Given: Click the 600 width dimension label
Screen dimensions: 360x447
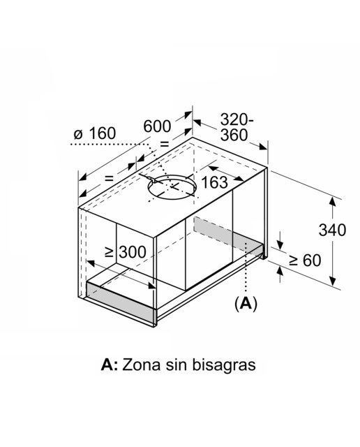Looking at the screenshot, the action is (157, 126).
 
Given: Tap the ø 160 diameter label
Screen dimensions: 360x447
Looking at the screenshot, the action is (95, 133).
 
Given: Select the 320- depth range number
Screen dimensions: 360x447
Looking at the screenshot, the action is (237, 119).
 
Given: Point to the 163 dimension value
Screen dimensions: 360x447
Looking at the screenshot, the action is (214, 183).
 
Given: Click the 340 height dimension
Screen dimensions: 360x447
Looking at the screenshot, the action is (332, 230).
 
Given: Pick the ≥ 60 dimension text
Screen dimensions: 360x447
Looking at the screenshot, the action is (305, 261).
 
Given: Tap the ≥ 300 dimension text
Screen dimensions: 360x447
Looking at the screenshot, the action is (126, 252).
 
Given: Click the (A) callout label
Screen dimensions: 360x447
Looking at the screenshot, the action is (246, 304).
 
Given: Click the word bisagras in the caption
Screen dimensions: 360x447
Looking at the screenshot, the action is (224, 365).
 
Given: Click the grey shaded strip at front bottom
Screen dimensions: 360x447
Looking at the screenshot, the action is (121, 299).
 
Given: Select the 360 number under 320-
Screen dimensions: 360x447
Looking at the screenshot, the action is (234, 135).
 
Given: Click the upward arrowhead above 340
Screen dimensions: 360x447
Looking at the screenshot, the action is (332, 201).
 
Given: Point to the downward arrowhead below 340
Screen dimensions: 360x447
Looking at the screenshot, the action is (332, 281).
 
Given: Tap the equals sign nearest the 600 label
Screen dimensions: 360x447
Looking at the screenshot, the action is (165, 144).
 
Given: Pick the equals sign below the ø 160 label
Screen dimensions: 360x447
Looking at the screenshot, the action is (110, 179).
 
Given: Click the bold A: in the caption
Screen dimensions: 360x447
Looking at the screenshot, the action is (110, 365).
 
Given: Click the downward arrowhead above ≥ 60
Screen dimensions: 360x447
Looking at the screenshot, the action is (280, 245).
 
